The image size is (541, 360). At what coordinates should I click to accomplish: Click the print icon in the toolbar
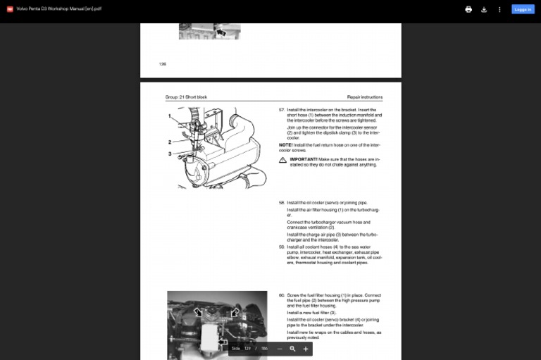(x=468, y=10)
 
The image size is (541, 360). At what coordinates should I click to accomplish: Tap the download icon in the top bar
(x=484, y=10)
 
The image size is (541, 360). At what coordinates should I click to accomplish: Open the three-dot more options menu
(x=499, y=10)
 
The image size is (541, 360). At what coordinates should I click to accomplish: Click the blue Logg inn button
(x=523, y=10)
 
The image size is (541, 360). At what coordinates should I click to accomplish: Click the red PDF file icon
(x=10, y=10)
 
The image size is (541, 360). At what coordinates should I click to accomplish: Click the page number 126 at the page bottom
(x=163, y=64)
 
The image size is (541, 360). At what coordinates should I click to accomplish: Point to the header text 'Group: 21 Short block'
(x=186, y=97)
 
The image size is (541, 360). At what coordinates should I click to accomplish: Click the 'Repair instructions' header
(x=365, y=97)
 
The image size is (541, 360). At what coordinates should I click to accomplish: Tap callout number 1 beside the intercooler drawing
(x=170, y=116)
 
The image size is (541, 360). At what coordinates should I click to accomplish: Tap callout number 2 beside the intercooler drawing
(x=170, y=142)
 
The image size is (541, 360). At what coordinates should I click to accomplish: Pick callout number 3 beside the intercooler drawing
(x=170, y=154)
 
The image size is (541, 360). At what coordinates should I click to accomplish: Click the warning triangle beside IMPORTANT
(x=283, y=161)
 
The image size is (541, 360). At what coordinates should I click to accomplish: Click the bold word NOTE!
(x=285, y=144)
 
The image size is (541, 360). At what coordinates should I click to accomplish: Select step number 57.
(x=282, y=110)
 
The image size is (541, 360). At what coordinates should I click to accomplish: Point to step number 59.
(x=282, y=247)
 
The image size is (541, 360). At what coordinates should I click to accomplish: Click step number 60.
(x=282, y=295)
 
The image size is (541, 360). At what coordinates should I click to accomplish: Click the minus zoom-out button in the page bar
(x=280, y=349)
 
